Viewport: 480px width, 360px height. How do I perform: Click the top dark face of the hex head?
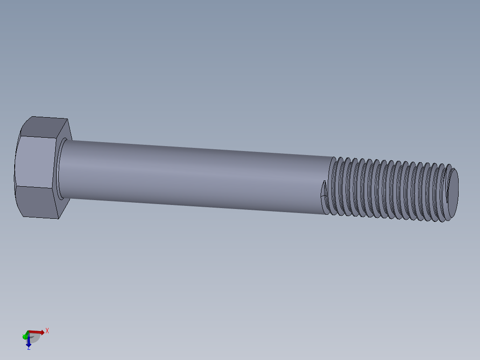pyautogui.click(x=45, y=127)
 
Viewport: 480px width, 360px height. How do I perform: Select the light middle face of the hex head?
pyautogui.click(x=36, y=162)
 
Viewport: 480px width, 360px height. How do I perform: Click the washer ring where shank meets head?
pyautogui.click(x=59, y=169)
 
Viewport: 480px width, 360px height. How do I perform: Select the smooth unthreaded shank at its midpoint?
pyautogui.click(x=196, y=176)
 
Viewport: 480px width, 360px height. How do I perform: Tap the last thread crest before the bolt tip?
pyautogui.click(x=443, y=194)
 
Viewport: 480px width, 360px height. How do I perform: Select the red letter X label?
pyautogui.click(x=47, y=331)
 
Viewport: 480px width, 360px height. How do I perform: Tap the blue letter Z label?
pyautogui.click(x=28, y=348)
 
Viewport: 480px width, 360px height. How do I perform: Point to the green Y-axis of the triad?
pyautogui.click(x=25, y=336)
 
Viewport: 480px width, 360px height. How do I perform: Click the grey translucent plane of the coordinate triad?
pyautogui.click(x=34, y=338)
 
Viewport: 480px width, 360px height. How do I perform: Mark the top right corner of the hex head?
pyautogui.click(x=67, y=119)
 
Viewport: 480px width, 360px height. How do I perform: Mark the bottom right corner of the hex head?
pyautogui.click(x=61, y=218)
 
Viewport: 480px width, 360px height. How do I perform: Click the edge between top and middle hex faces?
pyautogui.click(x=38, y=137)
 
